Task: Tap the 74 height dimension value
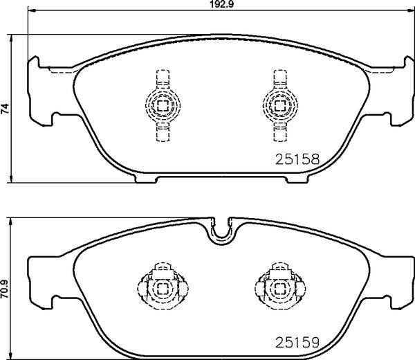tap(5, 109)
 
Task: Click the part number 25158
tap(297, 159)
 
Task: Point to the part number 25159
tap(297, 343)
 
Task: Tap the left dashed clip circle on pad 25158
tap(163, 105)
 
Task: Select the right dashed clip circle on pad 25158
tap(280, 105)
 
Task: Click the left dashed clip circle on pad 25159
tap(163, 289)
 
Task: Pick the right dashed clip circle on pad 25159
tap(280, 289)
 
